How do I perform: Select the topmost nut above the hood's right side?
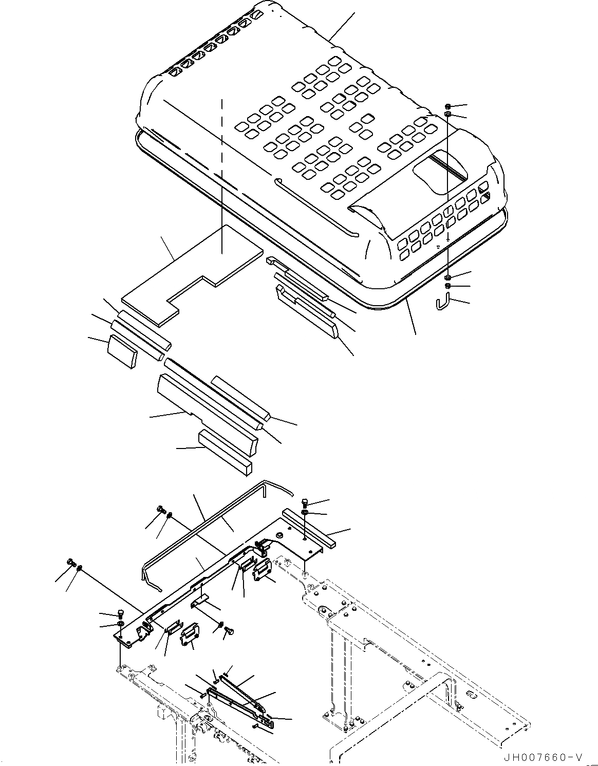(x=448, y=106)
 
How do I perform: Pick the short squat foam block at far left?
(x=121, y=351)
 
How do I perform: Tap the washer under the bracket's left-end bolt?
(x=120, y=624)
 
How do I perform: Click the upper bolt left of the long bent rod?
(x=160, y=510)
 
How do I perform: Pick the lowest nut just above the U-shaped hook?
(x=448, y=286)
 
